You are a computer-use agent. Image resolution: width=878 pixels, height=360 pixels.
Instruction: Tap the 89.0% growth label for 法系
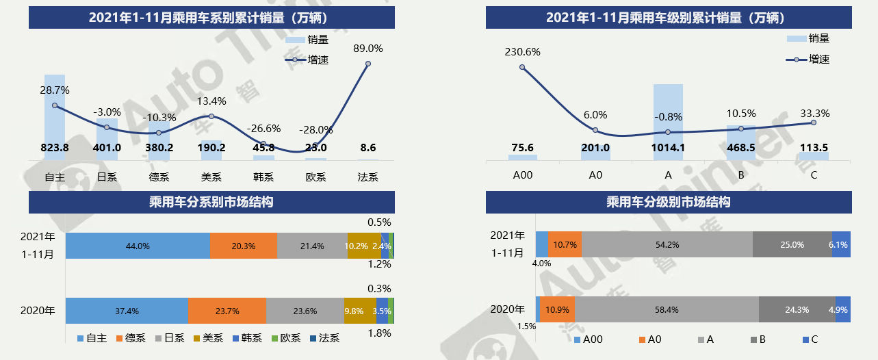coord(368,49)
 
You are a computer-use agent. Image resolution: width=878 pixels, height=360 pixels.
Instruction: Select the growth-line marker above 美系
coord(211,116)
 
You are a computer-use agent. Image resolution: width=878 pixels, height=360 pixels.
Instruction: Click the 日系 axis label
coord(107,177)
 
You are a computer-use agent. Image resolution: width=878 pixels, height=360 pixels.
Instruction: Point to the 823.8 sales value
coord(55,147)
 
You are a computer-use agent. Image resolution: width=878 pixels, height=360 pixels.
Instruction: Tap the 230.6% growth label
coord(522,51)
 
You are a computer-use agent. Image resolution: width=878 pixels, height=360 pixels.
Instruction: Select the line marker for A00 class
coord(522,67)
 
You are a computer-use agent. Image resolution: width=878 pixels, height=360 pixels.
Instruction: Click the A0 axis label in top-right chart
coord(595,175)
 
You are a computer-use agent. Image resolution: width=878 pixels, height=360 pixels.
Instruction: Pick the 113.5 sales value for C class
coord(813,148)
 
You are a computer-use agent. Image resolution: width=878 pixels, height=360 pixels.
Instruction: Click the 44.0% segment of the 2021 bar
coord(138,246)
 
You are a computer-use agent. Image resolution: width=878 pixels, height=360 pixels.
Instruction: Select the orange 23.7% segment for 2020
coord(227,311)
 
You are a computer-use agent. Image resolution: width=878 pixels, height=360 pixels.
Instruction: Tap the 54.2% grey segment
coord(667,244)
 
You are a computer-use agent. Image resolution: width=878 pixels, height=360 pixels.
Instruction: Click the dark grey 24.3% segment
coord(797,309)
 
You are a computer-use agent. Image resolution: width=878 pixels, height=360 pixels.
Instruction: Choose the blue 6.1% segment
coord(841,244)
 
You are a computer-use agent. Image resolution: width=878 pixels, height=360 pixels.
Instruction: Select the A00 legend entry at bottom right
coord(589,339)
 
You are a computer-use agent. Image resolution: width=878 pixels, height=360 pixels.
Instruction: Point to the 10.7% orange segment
coord(565,244)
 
